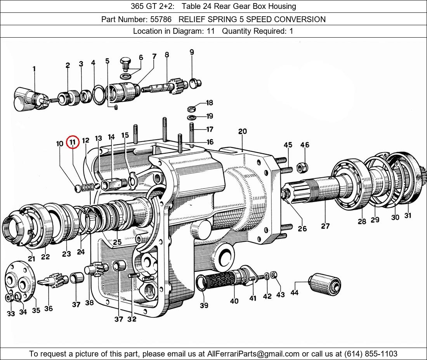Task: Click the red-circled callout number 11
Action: click(x=73, y=143)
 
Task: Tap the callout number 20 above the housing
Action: click(x=242, y=132)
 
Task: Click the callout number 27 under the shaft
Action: click(x=325, y=226)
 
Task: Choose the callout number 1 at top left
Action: click(x=34, y=69)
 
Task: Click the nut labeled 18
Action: click(x=191, y=108)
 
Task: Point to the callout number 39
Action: click(x=204, y=305)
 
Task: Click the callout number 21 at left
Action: click(x=31, y=259)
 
